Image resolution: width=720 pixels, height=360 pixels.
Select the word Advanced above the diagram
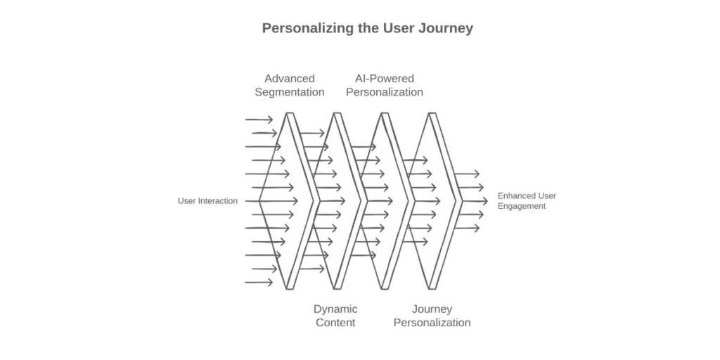pos(289,79)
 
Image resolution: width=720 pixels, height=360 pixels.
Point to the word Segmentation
pos(289,92)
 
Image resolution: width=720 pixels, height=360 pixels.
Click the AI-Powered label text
pos(384,79)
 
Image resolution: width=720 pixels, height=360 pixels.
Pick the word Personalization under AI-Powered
pos(384,92)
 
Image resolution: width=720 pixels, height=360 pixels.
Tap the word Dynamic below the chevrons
pos(335,309)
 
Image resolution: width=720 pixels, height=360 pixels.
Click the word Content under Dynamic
pos(335,323)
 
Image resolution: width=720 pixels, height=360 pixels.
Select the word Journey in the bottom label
pos(432,309)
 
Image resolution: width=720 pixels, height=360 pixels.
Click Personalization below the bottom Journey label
pos(432,323)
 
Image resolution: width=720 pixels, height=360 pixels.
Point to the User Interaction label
pos(207,201)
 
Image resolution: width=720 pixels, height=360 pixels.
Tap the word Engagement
pos(522,206)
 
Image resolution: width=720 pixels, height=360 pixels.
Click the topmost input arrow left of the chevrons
pos(259,120)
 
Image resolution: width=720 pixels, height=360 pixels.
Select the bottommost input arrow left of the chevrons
pos(259,283)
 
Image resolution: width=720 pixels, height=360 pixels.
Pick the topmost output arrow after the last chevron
pos(467,174)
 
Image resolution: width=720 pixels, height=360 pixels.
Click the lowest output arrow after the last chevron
pos(467,228)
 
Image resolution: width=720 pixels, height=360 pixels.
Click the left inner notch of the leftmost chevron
pos(260,201)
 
